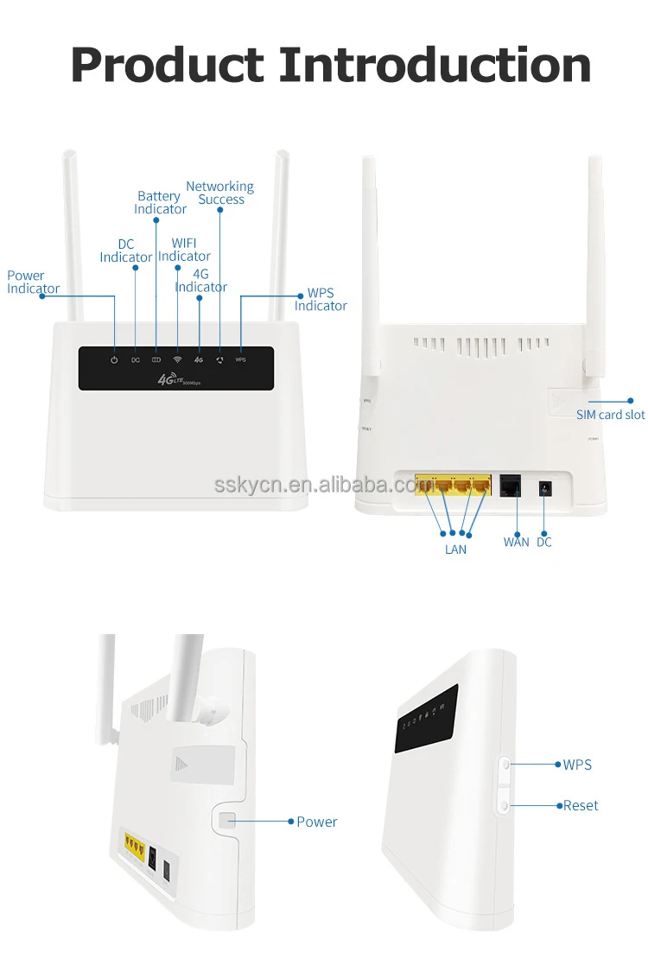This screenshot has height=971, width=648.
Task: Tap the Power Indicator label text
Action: tap(34, 282)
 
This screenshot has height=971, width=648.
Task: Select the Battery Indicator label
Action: tap(160, 203)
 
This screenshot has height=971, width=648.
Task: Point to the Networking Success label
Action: tap(220, 193)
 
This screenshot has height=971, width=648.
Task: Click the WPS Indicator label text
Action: tap(321, 299)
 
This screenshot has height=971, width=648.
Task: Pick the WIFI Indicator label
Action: tap(184, 250)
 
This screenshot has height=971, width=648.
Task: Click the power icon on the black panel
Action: tap(114, 359)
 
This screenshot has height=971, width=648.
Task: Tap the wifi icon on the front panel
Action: tap(177, 359)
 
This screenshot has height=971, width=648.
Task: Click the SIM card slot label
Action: tap(610, 415)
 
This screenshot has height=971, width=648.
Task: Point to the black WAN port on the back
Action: tap(510, 485)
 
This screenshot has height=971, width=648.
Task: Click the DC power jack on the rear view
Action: tap(545, 488)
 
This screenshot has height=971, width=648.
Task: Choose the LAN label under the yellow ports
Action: tap(455, 549)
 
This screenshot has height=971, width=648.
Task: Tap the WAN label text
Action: tap(516, 543)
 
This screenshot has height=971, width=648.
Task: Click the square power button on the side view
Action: tap(227, 821)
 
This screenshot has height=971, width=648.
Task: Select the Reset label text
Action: tap(581, 805)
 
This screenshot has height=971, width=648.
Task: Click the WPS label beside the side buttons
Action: tap(577, 765)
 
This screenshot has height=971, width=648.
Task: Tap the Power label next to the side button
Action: tap(316, 822)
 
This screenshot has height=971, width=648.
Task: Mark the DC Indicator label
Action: tap(126, 251)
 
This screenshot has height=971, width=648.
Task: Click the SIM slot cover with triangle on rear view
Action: tap(566, 401)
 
